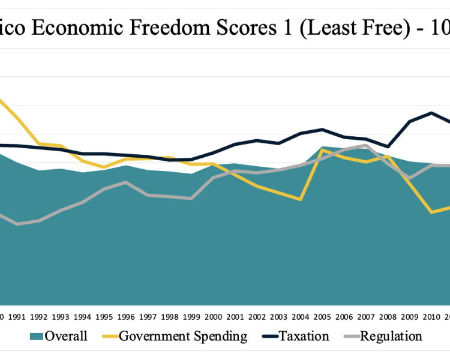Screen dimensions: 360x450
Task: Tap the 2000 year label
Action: (213, 317)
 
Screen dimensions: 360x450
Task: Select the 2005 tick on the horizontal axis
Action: (322, 317)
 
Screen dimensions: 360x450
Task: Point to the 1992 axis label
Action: (38, 317)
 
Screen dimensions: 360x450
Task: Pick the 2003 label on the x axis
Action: (278, 317)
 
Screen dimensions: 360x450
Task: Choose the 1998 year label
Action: (169, 317)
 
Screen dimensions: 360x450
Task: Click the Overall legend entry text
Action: (65, 336)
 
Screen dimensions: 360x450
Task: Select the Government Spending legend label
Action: (183, 336)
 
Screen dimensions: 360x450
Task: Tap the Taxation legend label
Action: (304, 336)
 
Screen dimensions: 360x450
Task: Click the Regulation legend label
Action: (391, 336)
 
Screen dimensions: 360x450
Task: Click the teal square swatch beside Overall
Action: (36, 336)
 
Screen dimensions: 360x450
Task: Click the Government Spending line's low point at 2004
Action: (300, 199)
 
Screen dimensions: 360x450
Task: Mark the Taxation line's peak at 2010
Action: (431, 113)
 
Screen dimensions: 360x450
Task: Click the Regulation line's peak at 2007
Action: (365, 145)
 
